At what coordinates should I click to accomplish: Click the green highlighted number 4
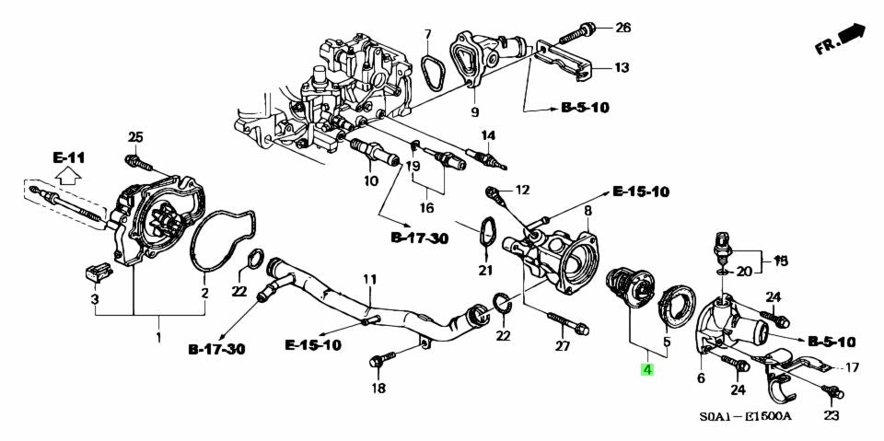[x=647, y=370]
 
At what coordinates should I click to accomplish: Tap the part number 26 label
[x=623, y=28]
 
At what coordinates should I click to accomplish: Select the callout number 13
[x=622, y=67]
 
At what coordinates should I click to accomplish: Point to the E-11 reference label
[x=68, y=157]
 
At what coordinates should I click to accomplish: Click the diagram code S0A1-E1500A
[x=744, y=416]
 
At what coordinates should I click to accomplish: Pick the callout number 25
[x=135, y=138]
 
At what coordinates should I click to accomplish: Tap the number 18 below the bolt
[x=378, y=389]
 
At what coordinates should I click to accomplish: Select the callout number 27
[x=563, y=346]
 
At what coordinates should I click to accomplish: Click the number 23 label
[x=832, y=416]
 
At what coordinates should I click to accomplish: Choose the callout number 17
[x=851, y=367]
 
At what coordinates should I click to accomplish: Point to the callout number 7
[x=427, y=35]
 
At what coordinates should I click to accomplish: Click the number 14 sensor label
[x=487, y=135]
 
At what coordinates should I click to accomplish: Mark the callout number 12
[x=522, y=191]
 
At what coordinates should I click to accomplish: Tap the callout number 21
[x=485, y=270]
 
